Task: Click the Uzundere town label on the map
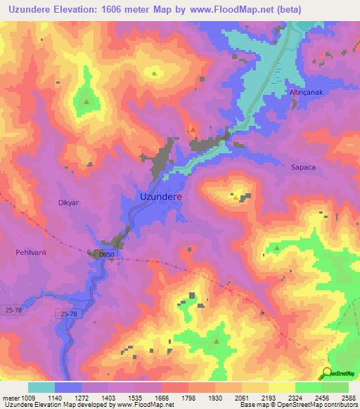[x=161, y=197]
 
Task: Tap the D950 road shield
[x=106, y=254]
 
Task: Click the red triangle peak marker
[x=192, y=129]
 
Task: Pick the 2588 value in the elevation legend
[x=347, y=397]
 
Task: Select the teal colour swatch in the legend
[x=41, y=387]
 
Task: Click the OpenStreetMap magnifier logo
[x=328, y=373]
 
